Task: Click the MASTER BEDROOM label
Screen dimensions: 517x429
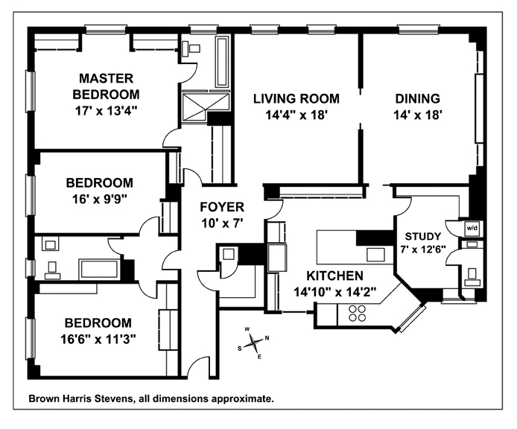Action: (x=106, y=86)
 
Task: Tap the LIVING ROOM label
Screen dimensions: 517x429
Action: (x=296, y=98)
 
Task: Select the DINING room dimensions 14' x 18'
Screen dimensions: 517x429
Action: (x=417, y=115)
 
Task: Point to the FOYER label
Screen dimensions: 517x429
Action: (x=222, y=207)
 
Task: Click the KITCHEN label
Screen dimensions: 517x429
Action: (x=334, y=276)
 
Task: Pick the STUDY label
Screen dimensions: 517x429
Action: (x=422, y=236)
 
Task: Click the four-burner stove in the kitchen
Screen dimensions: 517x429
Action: (x=357, y=313)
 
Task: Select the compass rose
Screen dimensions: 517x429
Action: (x=253, y=343)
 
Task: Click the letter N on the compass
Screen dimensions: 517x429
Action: (x=267, y=338)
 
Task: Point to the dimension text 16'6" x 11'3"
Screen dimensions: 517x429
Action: (x=98, y=339)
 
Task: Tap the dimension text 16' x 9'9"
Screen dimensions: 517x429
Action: (x=100, y=199)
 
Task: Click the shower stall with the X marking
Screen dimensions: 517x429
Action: (x=206, y=107)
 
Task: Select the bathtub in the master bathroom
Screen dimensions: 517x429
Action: (x=222, y=61)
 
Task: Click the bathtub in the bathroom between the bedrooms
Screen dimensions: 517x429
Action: (x=99, y=269)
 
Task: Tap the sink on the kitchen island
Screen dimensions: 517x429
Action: (x=376, y=255)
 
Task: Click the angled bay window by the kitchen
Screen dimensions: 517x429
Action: (x=412, y=319)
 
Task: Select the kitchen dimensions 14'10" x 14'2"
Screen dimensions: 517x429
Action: (x=335, y=292)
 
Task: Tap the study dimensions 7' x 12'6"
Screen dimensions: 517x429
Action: (x=423, y=250)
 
